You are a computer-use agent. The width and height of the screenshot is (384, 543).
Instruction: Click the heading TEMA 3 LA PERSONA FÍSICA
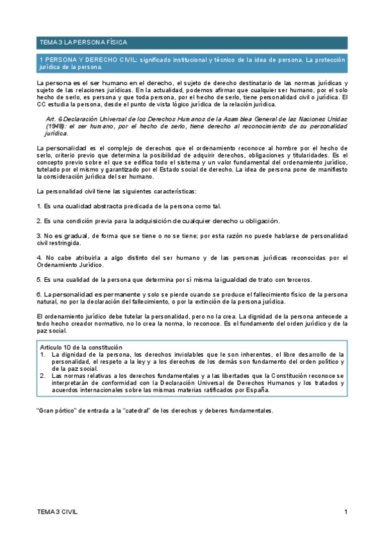pos(83,42)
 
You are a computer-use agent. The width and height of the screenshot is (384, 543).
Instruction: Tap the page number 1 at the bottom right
pos(346,511)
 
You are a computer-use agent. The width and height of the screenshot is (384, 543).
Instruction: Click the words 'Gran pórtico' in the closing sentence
pos(58,410)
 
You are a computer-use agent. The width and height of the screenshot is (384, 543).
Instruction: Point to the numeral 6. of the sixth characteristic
pos(39,293)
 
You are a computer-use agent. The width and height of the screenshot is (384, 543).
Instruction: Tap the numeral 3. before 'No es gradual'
pos(39,236)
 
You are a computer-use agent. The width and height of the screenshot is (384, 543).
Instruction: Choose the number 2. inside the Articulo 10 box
pos(43,376)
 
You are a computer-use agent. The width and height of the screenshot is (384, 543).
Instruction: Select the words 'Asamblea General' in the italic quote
pos(240,120)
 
